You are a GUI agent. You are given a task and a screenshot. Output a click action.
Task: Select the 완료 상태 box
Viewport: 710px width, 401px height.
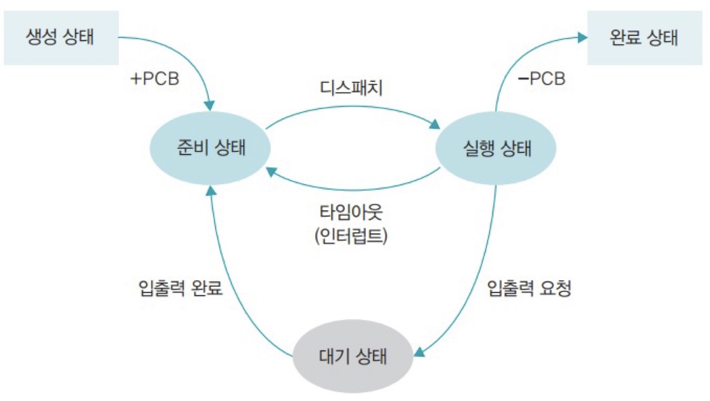coord(644,38)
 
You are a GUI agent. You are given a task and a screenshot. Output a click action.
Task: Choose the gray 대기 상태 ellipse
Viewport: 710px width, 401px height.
coord(352,357)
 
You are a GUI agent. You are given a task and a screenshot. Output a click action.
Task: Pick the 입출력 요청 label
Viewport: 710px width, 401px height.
coord(529,289)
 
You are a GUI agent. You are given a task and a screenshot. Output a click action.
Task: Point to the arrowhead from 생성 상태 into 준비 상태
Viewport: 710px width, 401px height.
coord(210,105)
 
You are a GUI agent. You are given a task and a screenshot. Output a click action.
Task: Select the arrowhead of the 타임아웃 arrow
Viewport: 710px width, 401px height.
coord(270,171)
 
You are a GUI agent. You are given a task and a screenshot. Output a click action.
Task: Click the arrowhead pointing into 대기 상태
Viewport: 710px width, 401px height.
coord(419,351)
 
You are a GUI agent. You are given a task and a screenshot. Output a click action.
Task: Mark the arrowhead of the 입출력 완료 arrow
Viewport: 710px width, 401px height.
coord(211,190)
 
